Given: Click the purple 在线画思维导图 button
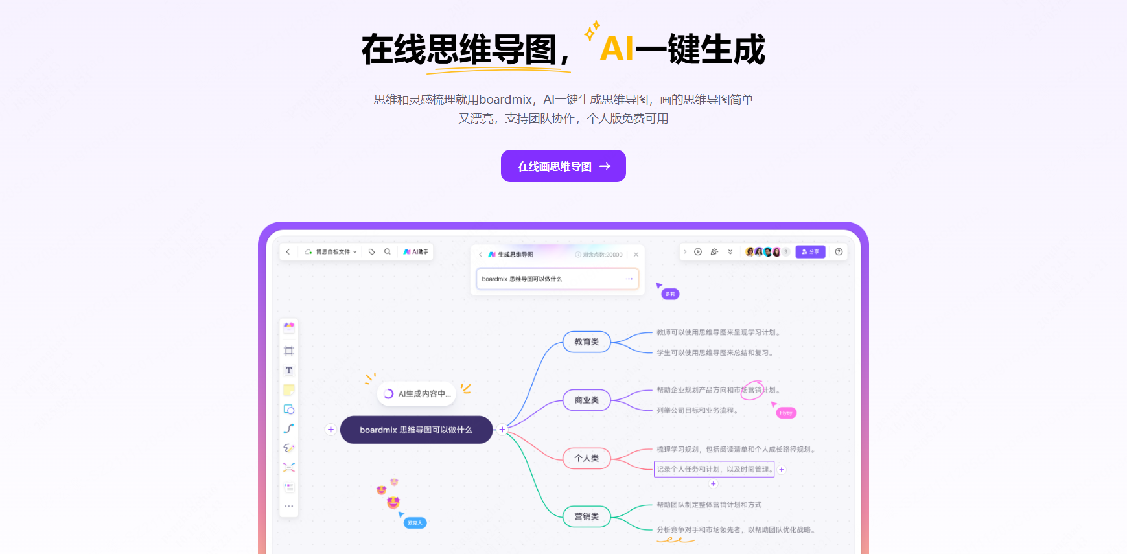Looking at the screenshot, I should point(563,166).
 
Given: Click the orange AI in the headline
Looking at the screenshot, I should point(616,49).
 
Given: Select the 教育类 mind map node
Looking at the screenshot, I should point(587,341).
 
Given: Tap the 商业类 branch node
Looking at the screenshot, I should point(587,400).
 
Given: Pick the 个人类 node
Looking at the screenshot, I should point(587,458).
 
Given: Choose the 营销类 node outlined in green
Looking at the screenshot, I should point(587,516).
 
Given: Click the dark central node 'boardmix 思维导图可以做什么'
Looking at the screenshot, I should point(416,430).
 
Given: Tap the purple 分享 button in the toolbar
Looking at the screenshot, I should point(810,251).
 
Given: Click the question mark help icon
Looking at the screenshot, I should point(839,251).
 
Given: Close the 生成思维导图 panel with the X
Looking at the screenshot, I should point(636,255).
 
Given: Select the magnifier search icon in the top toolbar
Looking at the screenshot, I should point(388,251).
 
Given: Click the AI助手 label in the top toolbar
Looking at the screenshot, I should point(416,251).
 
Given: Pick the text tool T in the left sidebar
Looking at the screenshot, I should point(289,371).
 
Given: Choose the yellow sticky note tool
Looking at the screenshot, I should point(289,389).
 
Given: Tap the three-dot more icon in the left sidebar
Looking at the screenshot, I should point(289,506).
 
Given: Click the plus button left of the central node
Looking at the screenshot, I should point(331,430).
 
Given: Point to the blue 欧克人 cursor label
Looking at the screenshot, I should point(415,523).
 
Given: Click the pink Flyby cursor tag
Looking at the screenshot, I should point(786,413).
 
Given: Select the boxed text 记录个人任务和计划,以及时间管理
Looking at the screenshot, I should point(714,469).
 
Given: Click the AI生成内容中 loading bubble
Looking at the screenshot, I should point(417,393).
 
